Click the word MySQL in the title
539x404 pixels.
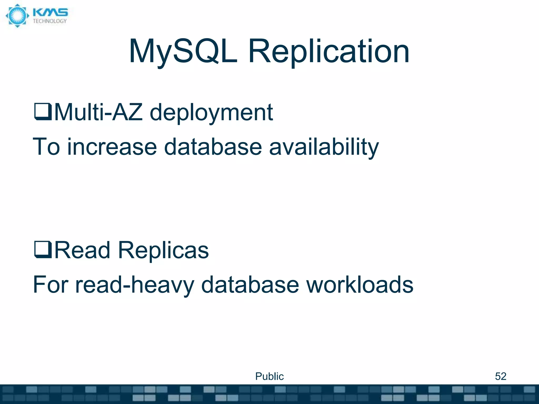[x=183, y=51]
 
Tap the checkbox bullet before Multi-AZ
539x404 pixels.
[x=43, y=112]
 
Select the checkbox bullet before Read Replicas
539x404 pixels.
[x=43, y=250]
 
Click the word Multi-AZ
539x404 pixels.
[x=98, y=112]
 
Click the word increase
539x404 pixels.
[x=112, y=147]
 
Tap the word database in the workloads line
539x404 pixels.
[x=250, y=285]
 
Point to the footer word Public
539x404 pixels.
[x=269, y=376]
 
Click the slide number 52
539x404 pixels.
[x=501, y=376]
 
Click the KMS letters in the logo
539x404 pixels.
[x=50, y=12]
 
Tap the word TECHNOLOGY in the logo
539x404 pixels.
[x=50, y=21]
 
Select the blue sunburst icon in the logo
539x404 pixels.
[x=17, y=16]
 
